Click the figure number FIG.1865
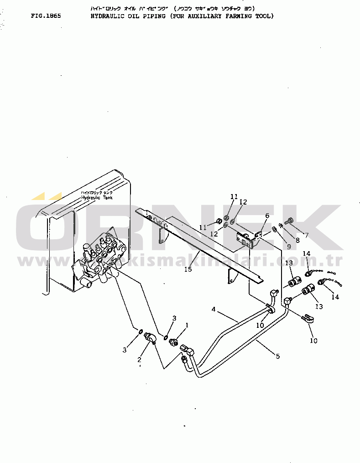[46, 16]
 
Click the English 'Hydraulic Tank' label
[97, 198]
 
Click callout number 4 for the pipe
[213, 309]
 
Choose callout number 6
[267, 216]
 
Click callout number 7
[307, 235]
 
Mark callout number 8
[297, 240]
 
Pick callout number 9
[288, 247]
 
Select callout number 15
[188, 269]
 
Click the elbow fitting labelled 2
[150, 338]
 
